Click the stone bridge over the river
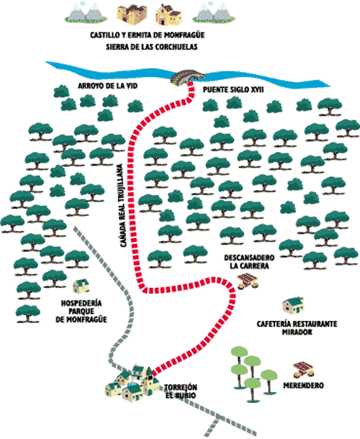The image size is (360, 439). coord(188,76)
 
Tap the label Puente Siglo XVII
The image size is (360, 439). coord(233,89)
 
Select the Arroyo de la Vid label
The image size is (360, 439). coord(108,86)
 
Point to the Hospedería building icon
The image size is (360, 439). coord(81,286)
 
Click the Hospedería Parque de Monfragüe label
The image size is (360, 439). coord(81,311)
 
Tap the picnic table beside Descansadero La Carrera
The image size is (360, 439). coord(248,281)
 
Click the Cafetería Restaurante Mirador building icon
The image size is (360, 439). coord(293,306)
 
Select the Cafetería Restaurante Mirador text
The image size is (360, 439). coord(297,328)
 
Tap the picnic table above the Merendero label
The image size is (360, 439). coord(303,370)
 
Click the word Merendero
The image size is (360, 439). coord(303,386)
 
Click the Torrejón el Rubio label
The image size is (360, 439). coord(181,391)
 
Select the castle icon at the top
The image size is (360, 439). coord(132,14)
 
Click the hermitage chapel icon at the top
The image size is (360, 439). coord(169,14)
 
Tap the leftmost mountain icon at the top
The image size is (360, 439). coord(86,13)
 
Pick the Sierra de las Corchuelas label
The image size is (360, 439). coord(152,47)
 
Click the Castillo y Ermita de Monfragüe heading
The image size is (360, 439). coord(148,35)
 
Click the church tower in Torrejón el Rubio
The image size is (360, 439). coord(150,381)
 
